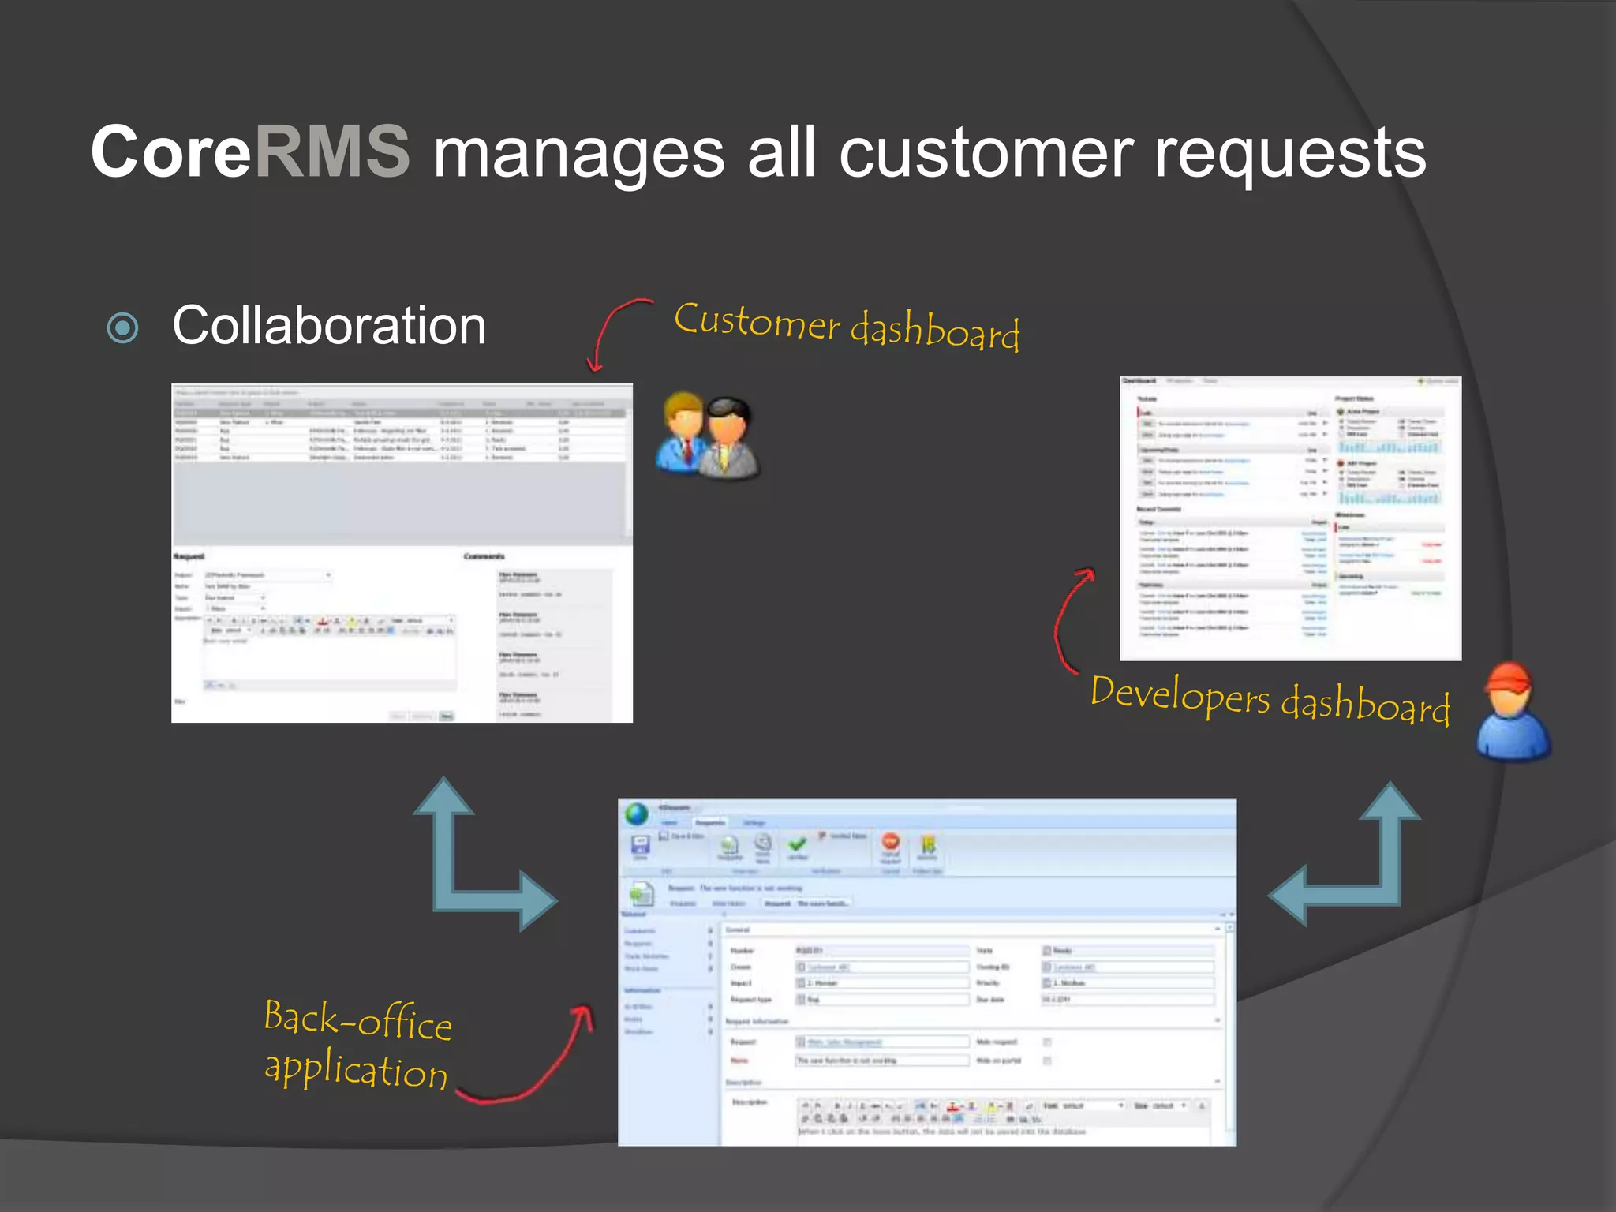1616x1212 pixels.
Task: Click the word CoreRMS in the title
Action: (x=250, y=151)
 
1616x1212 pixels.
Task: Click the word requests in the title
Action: (x=1290, y=155)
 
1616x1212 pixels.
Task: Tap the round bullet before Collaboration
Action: (x=123, y=327)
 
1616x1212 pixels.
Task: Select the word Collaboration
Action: (x=329, y=325)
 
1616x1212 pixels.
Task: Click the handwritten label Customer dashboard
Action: (x=847, y=326)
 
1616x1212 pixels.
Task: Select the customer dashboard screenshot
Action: (x=402, y=553)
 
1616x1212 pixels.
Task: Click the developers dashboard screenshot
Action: (x=1290, y=518)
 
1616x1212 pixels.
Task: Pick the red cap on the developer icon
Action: (x=1508, y=677)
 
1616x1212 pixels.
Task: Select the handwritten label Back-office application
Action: (x=357, y=1045)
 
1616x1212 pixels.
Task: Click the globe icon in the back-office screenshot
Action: (x=637, y=814)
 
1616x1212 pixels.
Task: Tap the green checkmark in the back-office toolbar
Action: (x=797, y=844)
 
